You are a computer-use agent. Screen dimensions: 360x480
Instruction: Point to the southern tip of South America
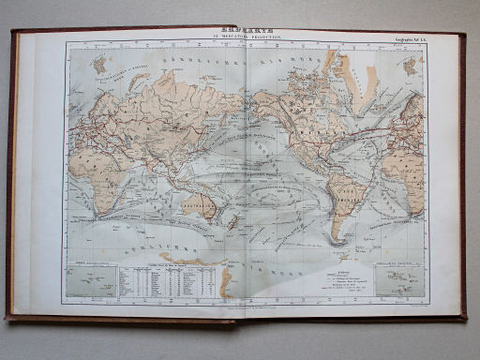(x=336, y=242)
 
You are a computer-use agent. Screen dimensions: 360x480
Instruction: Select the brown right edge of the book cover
(x=463, y=178)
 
